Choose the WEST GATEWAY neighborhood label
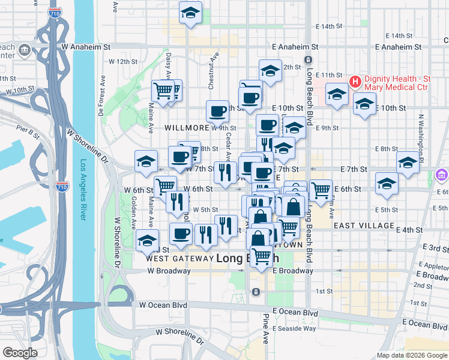179,259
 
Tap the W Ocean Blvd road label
163,305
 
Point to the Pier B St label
28,128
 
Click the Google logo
20,352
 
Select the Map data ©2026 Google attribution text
411,355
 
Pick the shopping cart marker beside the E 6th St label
321,190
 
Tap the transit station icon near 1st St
256,292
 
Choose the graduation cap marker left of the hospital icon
337,94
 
